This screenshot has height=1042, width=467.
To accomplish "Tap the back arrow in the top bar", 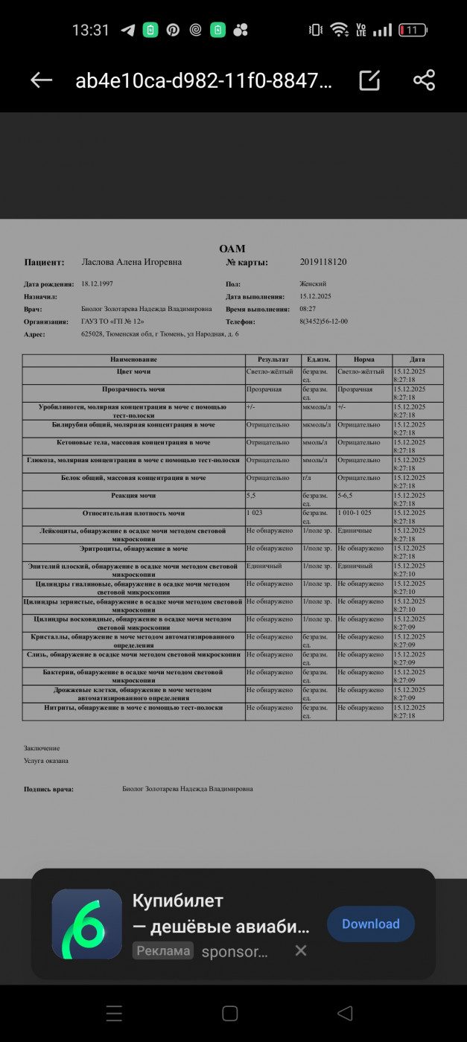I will tap(41, 80).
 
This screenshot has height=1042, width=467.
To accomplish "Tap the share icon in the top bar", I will tap(424, 80).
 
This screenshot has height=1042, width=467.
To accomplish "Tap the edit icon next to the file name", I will tap(369, 80).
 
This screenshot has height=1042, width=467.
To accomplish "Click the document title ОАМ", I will tap(232, 249).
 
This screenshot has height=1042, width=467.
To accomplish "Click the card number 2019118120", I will tap(323, 262).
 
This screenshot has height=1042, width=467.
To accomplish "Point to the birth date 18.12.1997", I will tap(97, 284).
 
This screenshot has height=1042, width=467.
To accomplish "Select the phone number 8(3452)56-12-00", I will tap(323, 322).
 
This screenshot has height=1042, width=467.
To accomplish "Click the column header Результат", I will tap(273, 359).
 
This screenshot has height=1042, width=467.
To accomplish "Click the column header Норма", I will tap(363, 359).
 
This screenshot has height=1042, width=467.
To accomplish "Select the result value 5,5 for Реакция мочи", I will tap(251, 496).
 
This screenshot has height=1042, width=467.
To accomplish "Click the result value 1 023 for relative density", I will tap(255, 514).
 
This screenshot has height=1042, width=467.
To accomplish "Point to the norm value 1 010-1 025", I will tap(355, 514).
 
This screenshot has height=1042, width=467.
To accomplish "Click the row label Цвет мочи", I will tap(134, 371).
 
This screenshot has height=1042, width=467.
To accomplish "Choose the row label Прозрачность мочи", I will tap(134, 389).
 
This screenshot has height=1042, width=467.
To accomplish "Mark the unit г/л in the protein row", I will tap(307, 478).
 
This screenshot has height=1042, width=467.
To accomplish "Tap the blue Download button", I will tap(371, 924).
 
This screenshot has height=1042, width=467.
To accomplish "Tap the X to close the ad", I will tap(300, 950).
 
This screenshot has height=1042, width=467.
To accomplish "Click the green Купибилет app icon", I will tap(87, 924).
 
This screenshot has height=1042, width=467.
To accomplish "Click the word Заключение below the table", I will tap(42, 748).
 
